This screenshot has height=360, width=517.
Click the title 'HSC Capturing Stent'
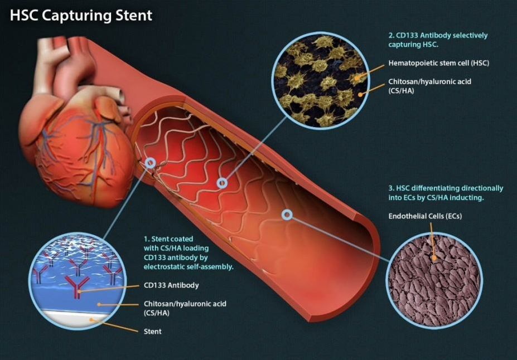tap(81, 15)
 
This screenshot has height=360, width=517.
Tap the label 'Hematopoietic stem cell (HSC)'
tap(438, 63)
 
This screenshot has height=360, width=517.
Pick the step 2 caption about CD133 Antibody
tap(438, 40)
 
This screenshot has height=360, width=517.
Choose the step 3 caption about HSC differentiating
tap(444, 193)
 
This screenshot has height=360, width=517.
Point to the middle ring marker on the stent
tap(223, 182)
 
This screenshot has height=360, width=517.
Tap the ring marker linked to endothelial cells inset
tap(287, 214)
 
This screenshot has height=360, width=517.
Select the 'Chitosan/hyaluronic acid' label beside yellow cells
tap(429, 86)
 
